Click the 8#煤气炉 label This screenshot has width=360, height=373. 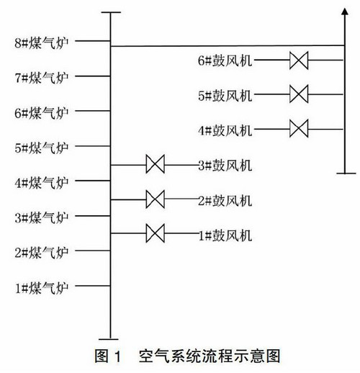pyautogui.click(x=42, y=43)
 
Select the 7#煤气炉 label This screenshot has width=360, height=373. pyautogui.click(x=42, y=78)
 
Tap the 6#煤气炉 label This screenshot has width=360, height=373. pyautogui.click(x=42, y=113)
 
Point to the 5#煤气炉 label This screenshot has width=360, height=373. pyautogui.click(x=42, y=148)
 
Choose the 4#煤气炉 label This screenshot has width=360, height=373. pyautogui.click(x=42, y=183)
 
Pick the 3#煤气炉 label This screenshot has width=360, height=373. pyautogui.click(x=42, y=217)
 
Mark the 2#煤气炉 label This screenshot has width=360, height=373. pyautogui.click(x=42, y=253)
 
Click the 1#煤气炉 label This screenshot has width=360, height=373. pyautogui.click(x=42, y=287)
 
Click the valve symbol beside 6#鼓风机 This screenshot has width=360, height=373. pyautogui.click(x=299, y=60)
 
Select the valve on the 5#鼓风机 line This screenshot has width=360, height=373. pyautogui.click(x=299, y=94)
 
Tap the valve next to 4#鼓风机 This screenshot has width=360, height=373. pyautogui.click(x=299, y=129)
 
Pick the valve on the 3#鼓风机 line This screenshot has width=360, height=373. pyautogui.click(x=156, y=164)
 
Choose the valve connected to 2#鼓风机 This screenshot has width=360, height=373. pyautogui.click(x=156, y=199)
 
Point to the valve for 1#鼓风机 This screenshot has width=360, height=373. pyautogui.click(x=156, y=233)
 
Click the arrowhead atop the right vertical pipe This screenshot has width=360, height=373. pyautogui.click(x=345, y=12)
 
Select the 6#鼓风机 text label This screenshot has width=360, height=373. pyautogui.click(x=225, y=60)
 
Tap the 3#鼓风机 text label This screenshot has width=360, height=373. pyautogui.click(x=225, y=166)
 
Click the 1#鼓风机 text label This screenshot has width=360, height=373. pyautogui.click(x=225, y=235)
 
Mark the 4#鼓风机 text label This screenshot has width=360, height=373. pyautogui.click(x=225, y=130)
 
